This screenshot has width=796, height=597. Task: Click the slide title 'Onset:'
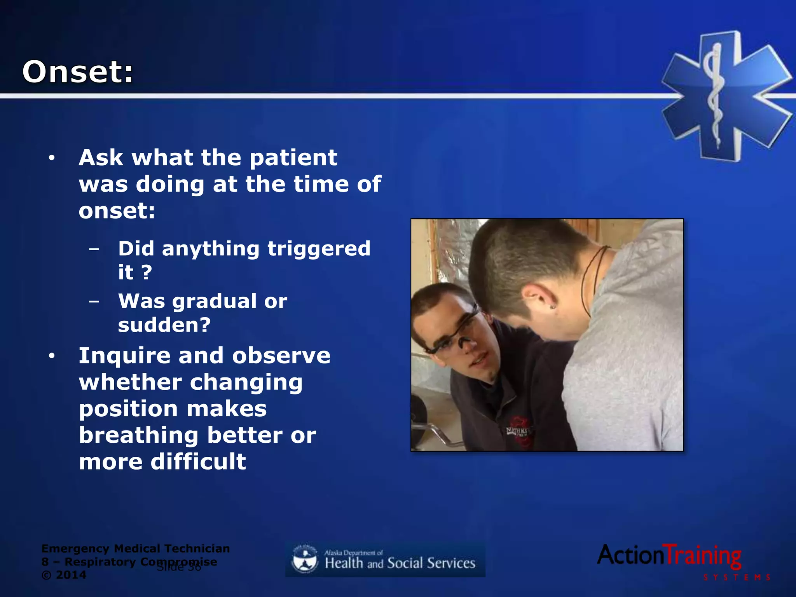coord(78,72)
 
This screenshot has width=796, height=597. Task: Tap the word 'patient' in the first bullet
coord(293,158)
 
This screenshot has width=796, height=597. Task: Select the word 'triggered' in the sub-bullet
coord(319,249)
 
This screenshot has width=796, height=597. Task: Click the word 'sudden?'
coord(164,325)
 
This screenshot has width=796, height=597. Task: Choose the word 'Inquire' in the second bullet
coord(124,356)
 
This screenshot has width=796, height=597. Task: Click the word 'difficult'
coord(198,462)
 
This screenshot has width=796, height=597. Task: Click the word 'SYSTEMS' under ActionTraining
coord(736,578)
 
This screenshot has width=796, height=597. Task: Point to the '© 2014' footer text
coord(64,575)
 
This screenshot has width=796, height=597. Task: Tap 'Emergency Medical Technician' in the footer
coord(135,548)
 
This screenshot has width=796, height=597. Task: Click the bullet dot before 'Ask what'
coord(52,158)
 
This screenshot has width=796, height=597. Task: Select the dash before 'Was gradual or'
coord(94,301)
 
